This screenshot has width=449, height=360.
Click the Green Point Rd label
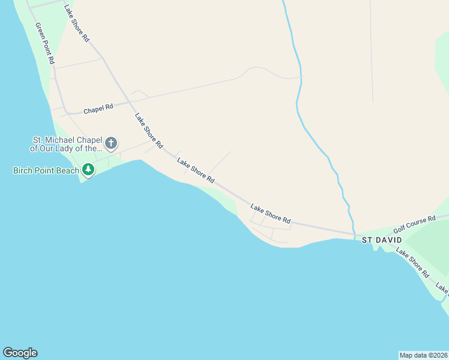[x=45, y=44]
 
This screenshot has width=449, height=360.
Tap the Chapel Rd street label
[x=98, y=109]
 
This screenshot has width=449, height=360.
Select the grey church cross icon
[x=110, y=143]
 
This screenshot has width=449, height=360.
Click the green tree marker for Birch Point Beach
[x=88, y=170]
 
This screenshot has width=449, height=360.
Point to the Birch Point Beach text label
[x=46, y=170]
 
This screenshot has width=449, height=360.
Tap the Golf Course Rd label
[x=414, y=225]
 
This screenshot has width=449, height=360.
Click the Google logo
[x=20, y=353]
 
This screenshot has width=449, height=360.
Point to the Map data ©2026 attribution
[x=423, y=355]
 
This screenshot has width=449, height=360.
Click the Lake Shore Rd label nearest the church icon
[x=149, y=131]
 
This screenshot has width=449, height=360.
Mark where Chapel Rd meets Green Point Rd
[x=66, y=112]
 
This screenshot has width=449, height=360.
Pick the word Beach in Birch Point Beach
[x=68, y=170]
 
